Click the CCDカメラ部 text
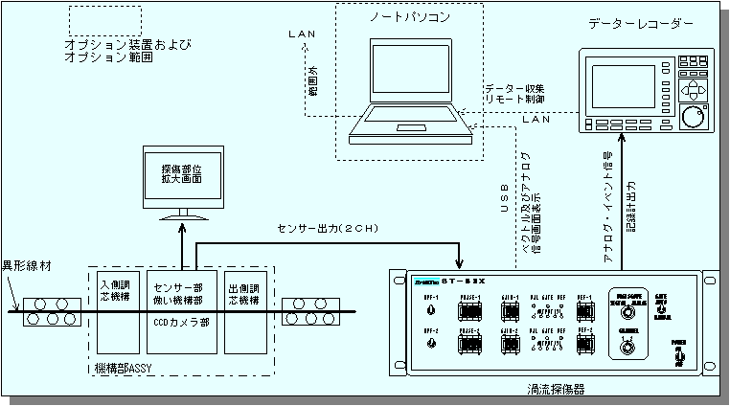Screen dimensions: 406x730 [x=182, y=324]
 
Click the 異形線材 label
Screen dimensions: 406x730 [x=27, y=263]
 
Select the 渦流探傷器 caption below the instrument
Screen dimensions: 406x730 [x=556, y=391]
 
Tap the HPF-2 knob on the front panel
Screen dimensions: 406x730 [x=430, y=342]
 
